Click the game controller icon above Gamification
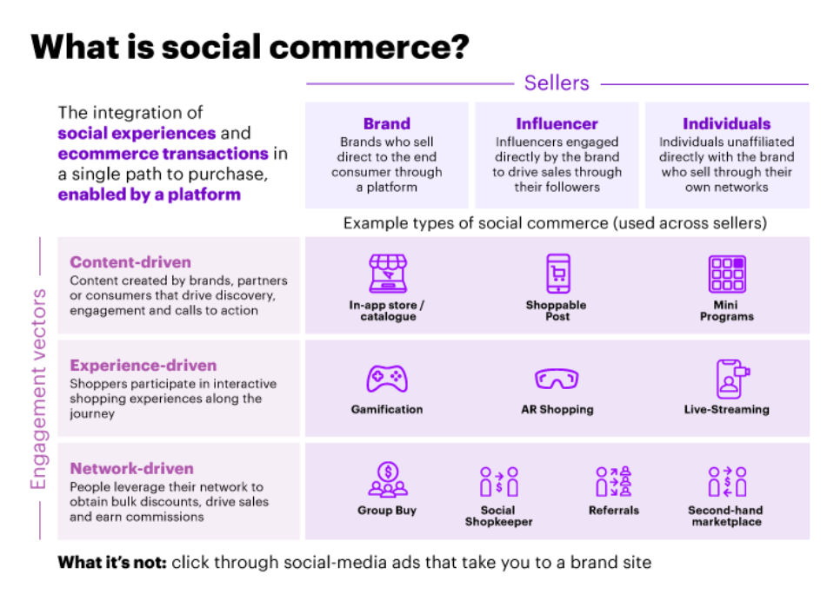pyautogui.click(x=387, y=378)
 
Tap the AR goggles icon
pyautogui.click(x=557, y=378)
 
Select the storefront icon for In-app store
pyautogui.click(x=388, y=274)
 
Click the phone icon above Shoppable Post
pyautogui.click(x=558, y=274)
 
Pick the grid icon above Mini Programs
pyautogui.click(x=727, y=274)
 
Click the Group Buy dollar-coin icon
pyautogui.click(x=388, y=479)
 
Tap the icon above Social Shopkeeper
pyautogui.click(x=499, y=481)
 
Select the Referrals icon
pyautogui.click(x=613, y=481)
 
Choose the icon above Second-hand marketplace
pyautogui.click(x=727, y=481)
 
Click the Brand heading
pyautogui.click(x=387, y=123)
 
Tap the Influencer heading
pyautogui.click(x=557, y=123)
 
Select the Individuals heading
pyautogui.click(x=727, y=123)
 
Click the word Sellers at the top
pyautogui.click(x=557, y=83)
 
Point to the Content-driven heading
pyautogui.click(x=130, y=262)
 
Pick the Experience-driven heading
pyautogui.click(x=143, y=366)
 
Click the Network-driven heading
pyautogui.click(x=132, y=469)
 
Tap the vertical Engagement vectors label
pyautogui.click(x=38, y=389)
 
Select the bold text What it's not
pyautogui.click(x=112, y=563)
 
